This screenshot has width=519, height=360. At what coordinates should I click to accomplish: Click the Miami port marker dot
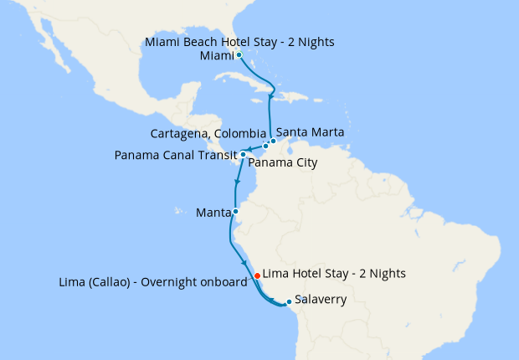pos(239,55)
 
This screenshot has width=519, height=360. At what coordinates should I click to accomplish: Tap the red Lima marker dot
pos(257,274)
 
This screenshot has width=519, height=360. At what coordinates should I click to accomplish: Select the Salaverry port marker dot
pos(289,301)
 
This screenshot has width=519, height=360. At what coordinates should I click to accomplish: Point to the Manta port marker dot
pos(236,212)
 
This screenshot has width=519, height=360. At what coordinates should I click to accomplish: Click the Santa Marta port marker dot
pos(273,141)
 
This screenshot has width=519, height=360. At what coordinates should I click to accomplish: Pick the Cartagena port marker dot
pos(265,147)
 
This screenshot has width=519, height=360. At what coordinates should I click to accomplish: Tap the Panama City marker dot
pos(243,155)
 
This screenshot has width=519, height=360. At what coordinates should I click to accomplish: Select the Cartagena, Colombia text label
pos(208,133)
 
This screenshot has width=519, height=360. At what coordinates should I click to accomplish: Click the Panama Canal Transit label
pos(176,154)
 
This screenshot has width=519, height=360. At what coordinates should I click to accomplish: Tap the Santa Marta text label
pos(310,131)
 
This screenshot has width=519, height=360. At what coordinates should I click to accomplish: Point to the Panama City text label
pos(283,162)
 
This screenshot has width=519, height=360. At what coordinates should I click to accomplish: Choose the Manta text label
pos(213,212)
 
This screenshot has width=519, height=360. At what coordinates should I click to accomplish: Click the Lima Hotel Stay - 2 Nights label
pos(334,273)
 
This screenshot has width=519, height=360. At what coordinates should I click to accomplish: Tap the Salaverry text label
pos(323,299)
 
